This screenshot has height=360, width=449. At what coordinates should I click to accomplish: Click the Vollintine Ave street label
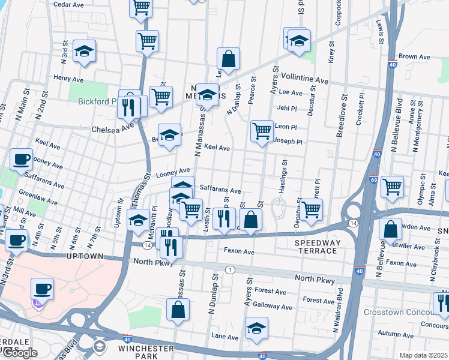tap(306, 80)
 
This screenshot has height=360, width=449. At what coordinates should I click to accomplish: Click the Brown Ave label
tap(415, 57)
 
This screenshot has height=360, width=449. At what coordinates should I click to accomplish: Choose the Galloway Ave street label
tap(273, 307)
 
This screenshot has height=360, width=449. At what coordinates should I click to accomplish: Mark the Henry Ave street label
tap(68, 79)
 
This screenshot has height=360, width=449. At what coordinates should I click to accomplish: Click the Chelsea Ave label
tap(112, 129)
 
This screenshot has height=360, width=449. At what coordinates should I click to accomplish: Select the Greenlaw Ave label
tap(38, 194)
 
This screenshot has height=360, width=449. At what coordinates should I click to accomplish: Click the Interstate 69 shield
tap(374, 179)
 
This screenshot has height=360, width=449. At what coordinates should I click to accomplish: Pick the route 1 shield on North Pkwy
tap(230, 270)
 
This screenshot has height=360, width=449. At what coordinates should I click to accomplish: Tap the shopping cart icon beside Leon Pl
tap(262, 130)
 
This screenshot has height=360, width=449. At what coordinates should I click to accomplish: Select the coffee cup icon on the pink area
tap(41, 289)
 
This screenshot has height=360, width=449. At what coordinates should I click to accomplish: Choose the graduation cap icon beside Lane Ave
tap(256, 328)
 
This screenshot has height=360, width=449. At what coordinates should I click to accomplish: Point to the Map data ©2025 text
tap(424, 355)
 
